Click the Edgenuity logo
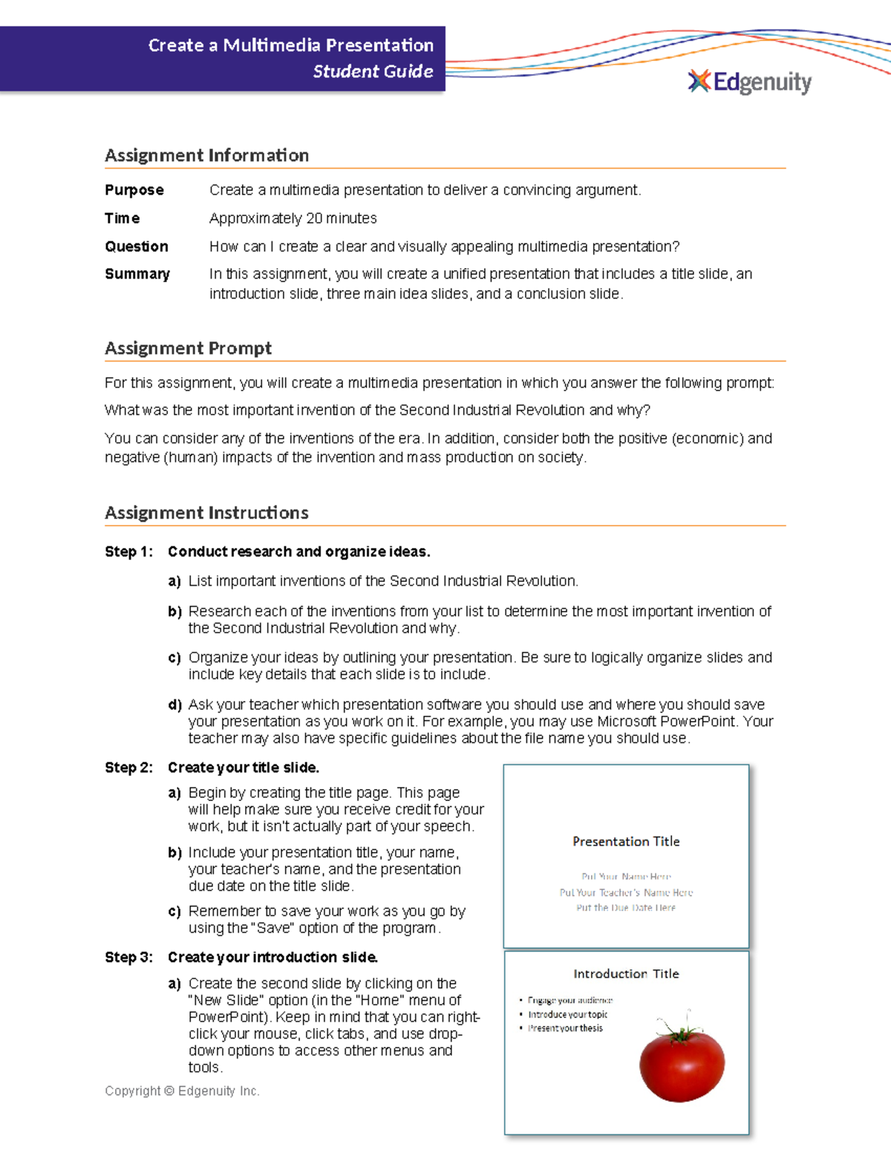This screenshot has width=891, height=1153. click(x=750, y=82)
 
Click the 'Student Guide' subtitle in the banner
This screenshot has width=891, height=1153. click(x=373, y=71)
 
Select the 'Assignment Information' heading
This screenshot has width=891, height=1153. click(x=206, y=155)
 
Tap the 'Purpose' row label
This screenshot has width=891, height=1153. click(x=134, y=190)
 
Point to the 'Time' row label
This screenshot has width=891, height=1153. click(x=123, y=218)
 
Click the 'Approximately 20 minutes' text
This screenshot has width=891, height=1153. click(x=293, y=218)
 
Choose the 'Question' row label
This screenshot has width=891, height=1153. click(x=137, y=246)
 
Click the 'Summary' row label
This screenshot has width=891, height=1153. click(x=137, y=274)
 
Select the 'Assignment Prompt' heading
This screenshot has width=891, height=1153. click(x=188, y=348)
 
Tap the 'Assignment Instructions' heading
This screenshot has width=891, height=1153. click(x=206, y=513)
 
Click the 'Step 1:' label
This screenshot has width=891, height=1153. click(x=128, y=552)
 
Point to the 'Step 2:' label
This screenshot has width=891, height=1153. click(x=128, y=768)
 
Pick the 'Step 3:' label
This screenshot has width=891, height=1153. click(x=128, y=957)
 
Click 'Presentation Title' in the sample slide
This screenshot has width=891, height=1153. click(x=626, y=841)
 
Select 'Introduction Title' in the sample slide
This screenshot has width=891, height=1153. click(x=626, y=973)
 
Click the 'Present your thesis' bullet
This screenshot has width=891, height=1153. click(x=565, y=1028)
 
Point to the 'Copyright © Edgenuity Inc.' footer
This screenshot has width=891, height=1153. click(x=182, y=1091)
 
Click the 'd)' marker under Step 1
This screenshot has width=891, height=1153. click(x=174, y=705)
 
